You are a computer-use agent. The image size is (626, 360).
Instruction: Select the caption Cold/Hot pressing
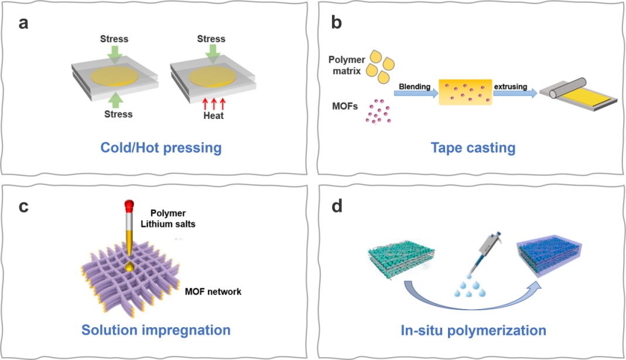point(162,147)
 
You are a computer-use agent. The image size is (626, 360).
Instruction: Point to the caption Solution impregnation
point(156,330)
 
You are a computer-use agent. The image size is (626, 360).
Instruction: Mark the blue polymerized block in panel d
point(550,258)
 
